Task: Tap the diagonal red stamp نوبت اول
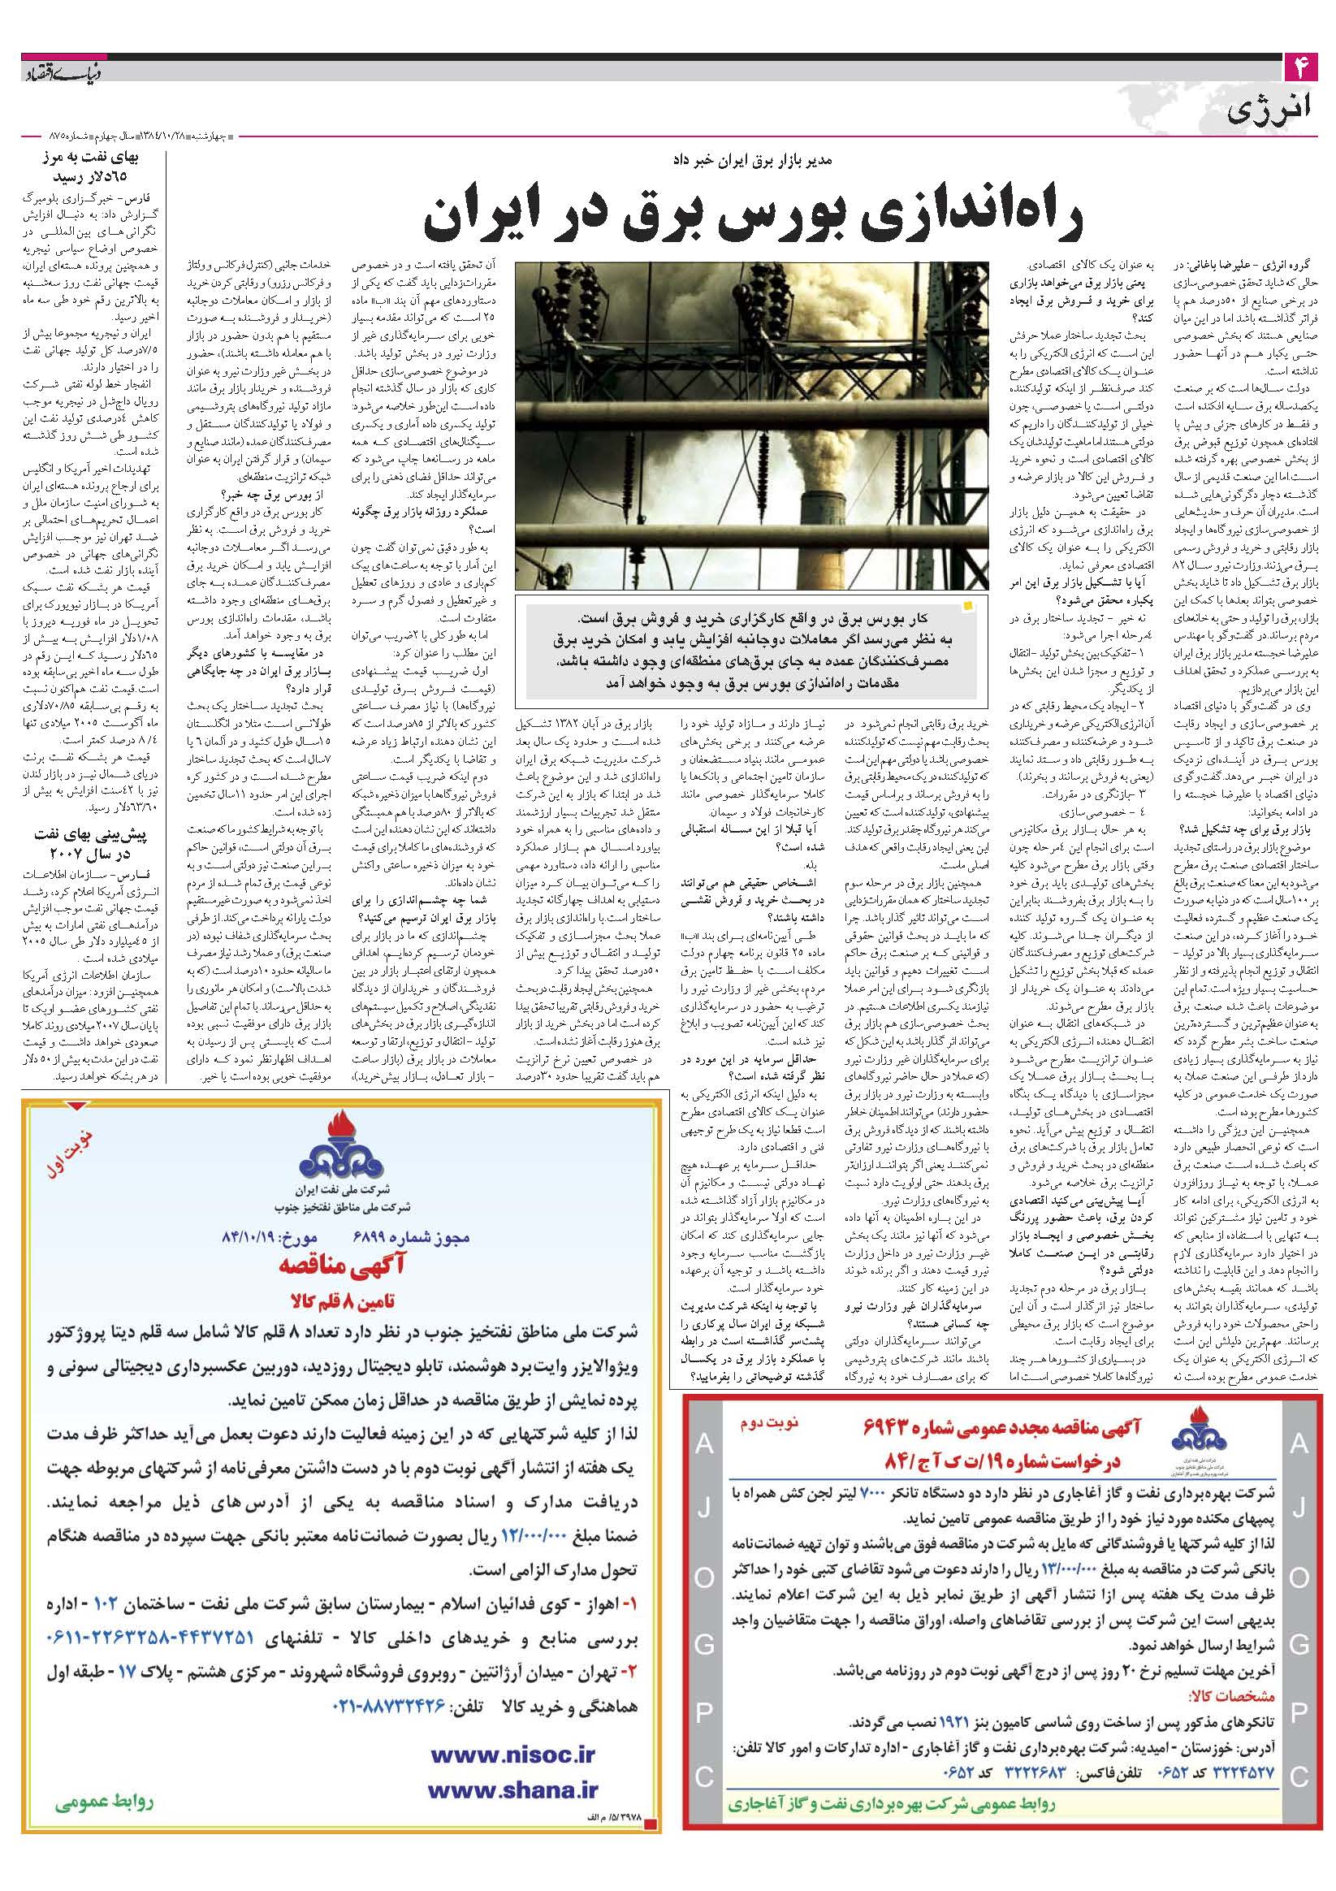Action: pyautogui.click(x=77, y=1149)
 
